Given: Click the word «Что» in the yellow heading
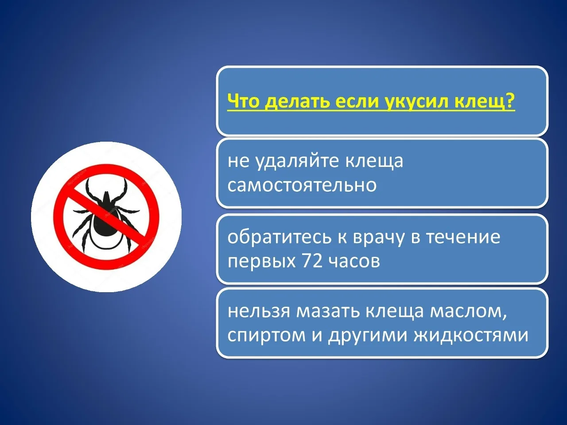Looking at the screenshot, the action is coord(243,101).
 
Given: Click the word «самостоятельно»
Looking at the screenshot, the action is coord(302,185).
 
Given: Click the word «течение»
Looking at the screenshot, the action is coord(463,237).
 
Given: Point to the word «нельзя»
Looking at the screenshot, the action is coord(259,311).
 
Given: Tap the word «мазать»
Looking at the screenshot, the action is coord(328,311).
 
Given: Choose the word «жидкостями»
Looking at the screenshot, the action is coord(471,335).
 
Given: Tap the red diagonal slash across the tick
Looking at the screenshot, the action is coord(106,217).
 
